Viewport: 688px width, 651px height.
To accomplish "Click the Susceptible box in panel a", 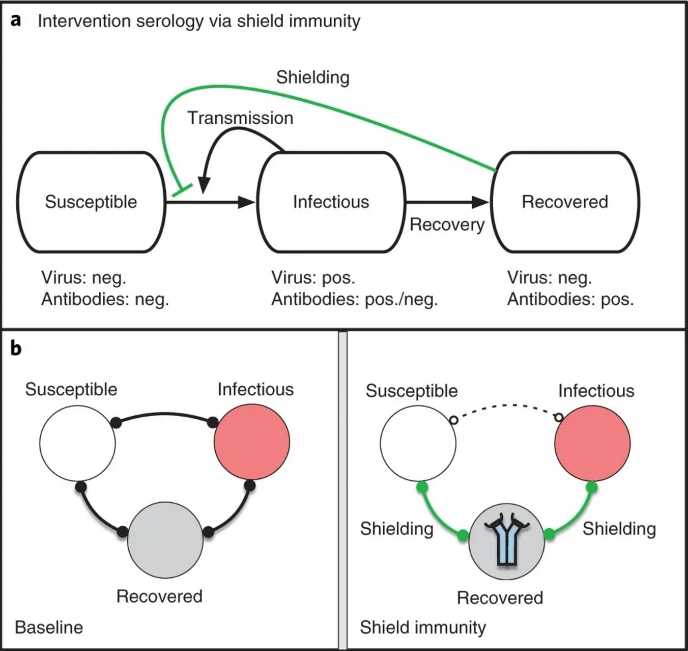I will point(91,202).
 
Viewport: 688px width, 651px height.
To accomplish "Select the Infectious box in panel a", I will point(331,202).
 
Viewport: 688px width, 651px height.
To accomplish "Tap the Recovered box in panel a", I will point(565,202).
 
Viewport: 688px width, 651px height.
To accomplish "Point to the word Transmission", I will point(240,118).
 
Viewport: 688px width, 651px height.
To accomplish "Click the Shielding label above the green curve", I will point(312,77).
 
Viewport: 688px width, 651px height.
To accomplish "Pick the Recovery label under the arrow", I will point(447,225).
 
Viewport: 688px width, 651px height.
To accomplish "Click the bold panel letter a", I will point(16,20).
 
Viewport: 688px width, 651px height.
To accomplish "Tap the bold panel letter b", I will point(16,349).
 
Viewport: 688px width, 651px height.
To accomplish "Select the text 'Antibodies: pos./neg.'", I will point(354,299).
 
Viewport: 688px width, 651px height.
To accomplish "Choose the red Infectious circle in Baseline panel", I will point(252,442).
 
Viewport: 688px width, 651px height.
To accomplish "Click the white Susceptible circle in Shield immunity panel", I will point(418,443).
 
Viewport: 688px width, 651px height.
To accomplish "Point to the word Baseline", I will point(49,627).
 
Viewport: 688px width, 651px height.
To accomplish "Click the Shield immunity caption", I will point(423,627).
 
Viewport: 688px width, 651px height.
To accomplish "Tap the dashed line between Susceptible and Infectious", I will point(506,406).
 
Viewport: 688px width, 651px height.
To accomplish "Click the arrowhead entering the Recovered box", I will point(480,202).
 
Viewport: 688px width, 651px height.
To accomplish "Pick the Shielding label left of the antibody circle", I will point(396,529).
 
